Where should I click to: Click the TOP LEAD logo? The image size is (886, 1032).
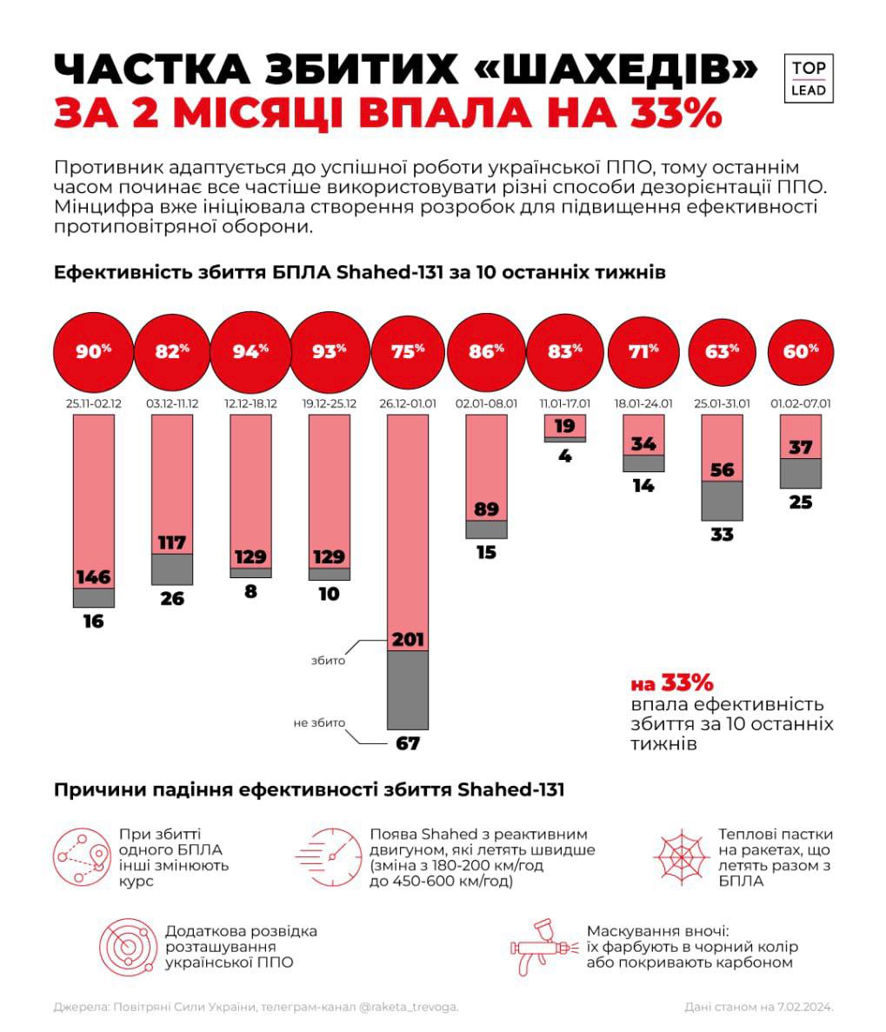[809, 78]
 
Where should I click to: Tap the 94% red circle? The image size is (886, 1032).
[250, 351]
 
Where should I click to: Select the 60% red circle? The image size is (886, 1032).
[801, 351]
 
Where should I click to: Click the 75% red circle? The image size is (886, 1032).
[407, 351]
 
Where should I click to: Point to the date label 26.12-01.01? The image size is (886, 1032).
[407, 404]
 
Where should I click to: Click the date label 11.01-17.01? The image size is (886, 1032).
[564, 404]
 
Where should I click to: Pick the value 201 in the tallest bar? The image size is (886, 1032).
[407, 640]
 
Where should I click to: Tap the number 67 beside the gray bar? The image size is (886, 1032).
[407, 744]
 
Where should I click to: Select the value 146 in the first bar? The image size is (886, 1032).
[93, 576]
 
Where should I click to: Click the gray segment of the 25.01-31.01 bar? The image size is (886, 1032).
[722, 501]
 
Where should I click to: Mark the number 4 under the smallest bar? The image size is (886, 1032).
[564, 455]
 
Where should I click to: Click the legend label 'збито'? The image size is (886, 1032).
[328, 661]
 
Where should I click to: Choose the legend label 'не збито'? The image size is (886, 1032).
[319, 723]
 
